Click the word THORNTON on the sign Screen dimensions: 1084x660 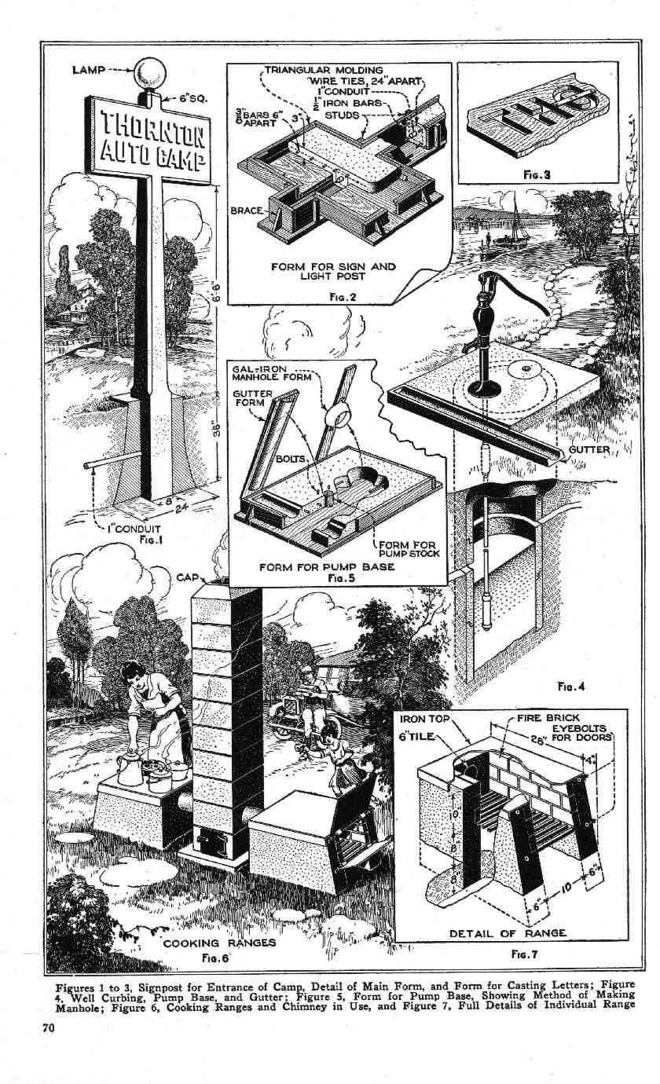pyautogui.click(x=149, y=127)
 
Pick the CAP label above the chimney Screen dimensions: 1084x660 pyautogui.click(x=186, y=577)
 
